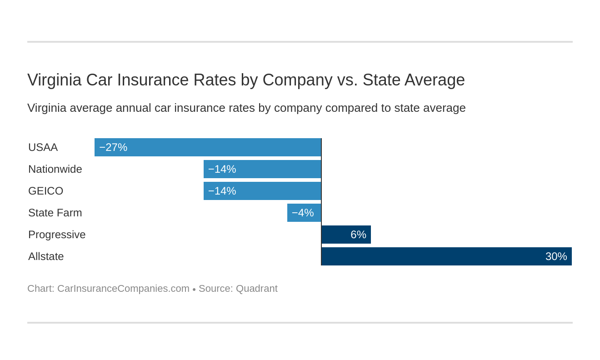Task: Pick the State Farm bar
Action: pyautogui.click(x=304, y=213)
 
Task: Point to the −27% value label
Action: pyautogui.click(x=113, y=147)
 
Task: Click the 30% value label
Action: pyautogui.click(x=556, y=256)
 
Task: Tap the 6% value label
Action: pyautogui.click(x=358, y=235)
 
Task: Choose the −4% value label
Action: pyautogui.click(x=303, y=213)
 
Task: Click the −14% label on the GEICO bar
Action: pyautogui.click(x=222, y=191)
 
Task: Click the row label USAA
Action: pyautogui.click(x=43, y=147)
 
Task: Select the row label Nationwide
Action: pyautogui.click(x=55, y=169)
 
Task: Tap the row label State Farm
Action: pyautogui.click(x=55, y=213)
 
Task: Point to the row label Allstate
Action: pyautogui.click(x=46, y=256)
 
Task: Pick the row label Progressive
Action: pyautogui.click(x=57, y=235)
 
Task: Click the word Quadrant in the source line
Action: pyautogui.click(x=256, y=289)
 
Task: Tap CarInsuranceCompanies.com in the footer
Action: pyautogui.click(x=123, y=289)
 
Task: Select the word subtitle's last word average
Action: pyautogui.click(x=447, y=108)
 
